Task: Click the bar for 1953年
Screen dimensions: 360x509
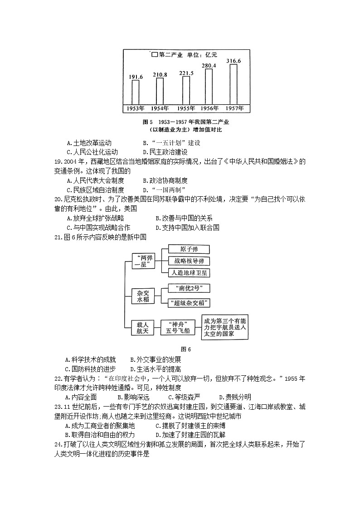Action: pos(136,92)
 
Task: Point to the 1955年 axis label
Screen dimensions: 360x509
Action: pos(185,108)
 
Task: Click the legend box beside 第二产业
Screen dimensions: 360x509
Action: pos(155,55)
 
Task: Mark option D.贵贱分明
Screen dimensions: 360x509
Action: pos(234,397)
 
